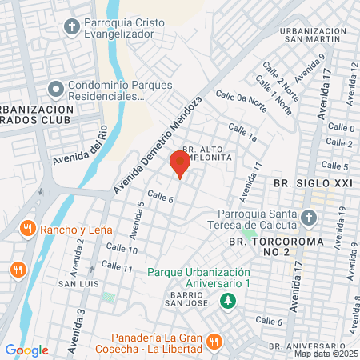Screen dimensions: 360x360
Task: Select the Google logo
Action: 26,350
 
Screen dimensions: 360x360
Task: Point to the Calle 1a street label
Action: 242,133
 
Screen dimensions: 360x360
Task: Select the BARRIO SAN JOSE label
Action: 189,299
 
